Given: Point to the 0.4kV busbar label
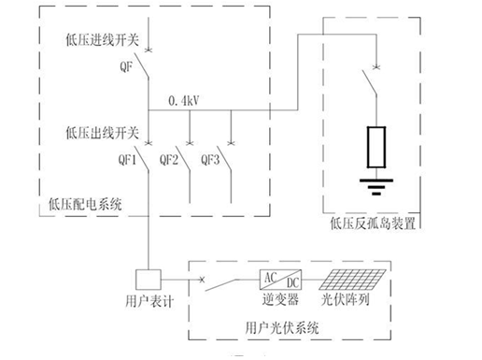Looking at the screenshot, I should tap(183, 99).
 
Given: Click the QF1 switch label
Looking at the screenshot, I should tap(127, 159).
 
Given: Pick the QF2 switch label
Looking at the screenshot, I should tap(169, 159).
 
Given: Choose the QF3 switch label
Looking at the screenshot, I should tap(211, 159).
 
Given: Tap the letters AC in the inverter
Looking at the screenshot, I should tap(270, 277).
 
